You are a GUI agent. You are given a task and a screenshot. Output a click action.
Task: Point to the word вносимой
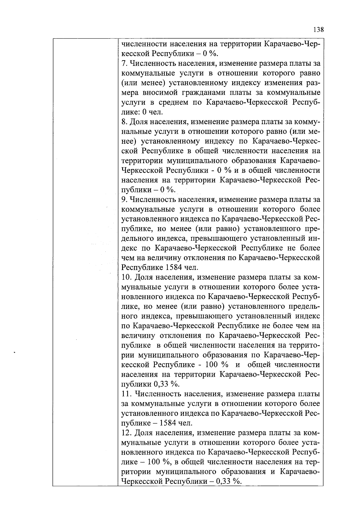point(160,93)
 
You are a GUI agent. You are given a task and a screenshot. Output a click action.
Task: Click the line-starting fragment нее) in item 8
point(128,141)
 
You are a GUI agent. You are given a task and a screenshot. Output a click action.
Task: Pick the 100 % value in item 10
point(216,365)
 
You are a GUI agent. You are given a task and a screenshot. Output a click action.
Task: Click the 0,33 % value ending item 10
point(166,384)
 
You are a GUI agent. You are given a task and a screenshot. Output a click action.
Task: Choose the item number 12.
point(126,433)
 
